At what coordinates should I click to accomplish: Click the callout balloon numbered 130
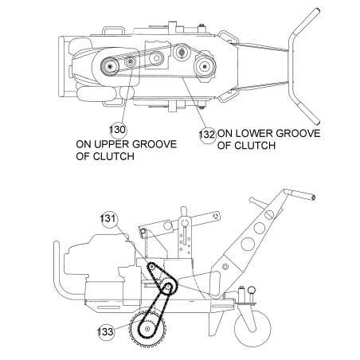click(117, 130)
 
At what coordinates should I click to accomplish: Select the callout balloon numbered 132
click(207, 135)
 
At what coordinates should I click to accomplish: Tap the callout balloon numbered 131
click(108, 219)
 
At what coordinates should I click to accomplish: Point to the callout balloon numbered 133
click(106, 331)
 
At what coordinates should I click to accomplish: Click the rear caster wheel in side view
click(252, 329)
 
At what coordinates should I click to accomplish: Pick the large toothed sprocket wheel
click(147, 329)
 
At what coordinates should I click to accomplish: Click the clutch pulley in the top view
click(110, 66)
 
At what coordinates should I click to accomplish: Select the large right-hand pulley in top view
click(205, 66)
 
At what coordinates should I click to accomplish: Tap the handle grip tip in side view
click(313, 198)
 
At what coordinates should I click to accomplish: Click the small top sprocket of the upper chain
click(151, 267)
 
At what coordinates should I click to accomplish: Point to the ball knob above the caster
click(252, 289)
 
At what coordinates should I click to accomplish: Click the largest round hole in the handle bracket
click(248, 244)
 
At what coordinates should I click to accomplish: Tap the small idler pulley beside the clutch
click(130, 62)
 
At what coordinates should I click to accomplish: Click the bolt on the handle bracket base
click(225, 266)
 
